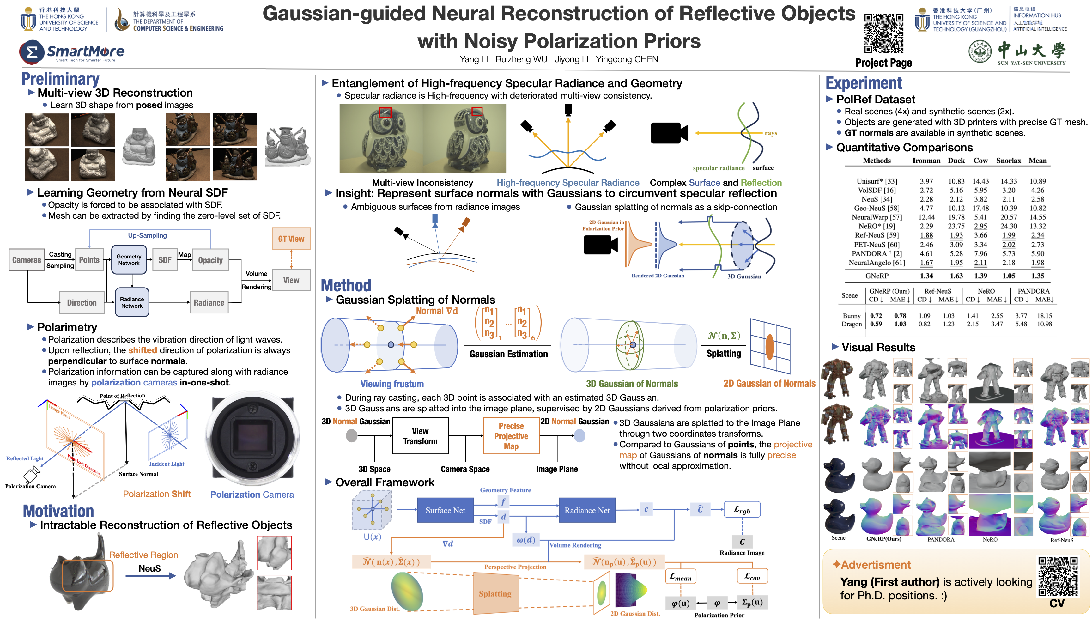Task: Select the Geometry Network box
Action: (129, 260)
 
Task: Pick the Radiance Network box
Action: (132, 302)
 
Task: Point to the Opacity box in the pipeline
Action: (210, 260)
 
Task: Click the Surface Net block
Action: (445, 510)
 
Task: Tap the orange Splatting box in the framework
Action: (495, 593)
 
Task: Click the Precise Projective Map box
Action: (511, 436)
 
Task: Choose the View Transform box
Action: (420, 436)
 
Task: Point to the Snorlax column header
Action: (1008, 161)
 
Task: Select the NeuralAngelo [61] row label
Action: (877, 263)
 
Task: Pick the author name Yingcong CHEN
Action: (627, 59)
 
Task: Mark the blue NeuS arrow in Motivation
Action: (151, 576)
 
